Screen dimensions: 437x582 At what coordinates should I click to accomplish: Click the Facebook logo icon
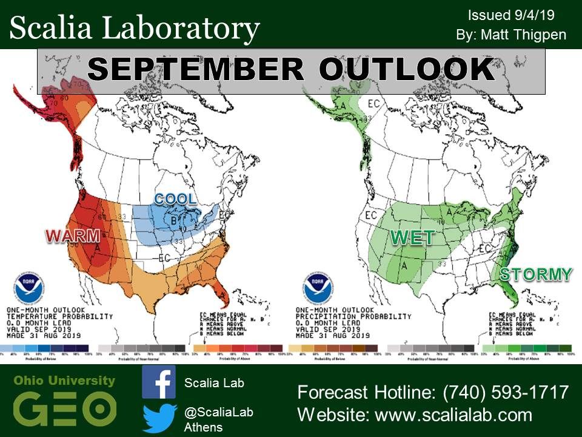tap(159, 382)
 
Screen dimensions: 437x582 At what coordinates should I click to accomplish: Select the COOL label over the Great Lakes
tap(175, 199)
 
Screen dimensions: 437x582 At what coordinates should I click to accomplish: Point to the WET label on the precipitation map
tap(413, 237)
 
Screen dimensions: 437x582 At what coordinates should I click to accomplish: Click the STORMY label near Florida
tap(535, 274)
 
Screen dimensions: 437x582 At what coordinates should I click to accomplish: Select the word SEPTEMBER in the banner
tap(194, 70)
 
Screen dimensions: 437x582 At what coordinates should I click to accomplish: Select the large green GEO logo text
tap(64, 408)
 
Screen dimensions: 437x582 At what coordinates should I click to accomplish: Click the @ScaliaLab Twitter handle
tap(218, 412)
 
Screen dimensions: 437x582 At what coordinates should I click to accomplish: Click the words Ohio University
tap(64, 381)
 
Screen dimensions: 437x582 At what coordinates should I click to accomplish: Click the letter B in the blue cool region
tap(173, 220)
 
